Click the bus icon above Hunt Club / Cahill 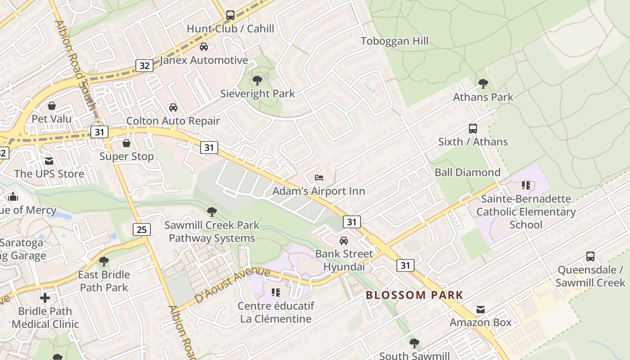[x=230, y=15]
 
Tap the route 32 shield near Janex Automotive [x=144, y=66]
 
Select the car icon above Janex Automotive [x=204, y=47]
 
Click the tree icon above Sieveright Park [x=257, y=81]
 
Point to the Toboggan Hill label [x=394, y=41]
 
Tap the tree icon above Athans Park [x=483, y=84]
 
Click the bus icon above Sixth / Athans [x=473, y=129]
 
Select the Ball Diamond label [x=467, y=172]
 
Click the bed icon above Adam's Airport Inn [x=319, y=178]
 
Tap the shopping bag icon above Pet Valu [x=52, y=106]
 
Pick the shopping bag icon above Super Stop [x=126, y=143]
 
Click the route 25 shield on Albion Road [x=142, y=230]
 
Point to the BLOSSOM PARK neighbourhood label [x=414, y=295]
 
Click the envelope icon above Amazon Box [x=481, y=310]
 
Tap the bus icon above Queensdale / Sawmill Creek [x=590, y=256]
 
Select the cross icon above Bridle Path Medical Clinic [x=45, y=298]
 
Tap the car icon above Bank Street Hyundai [x=344, y=241]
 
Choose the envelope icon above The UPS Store [x=49, y=161]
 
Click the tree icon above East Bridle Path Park [x=104, y=261]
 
